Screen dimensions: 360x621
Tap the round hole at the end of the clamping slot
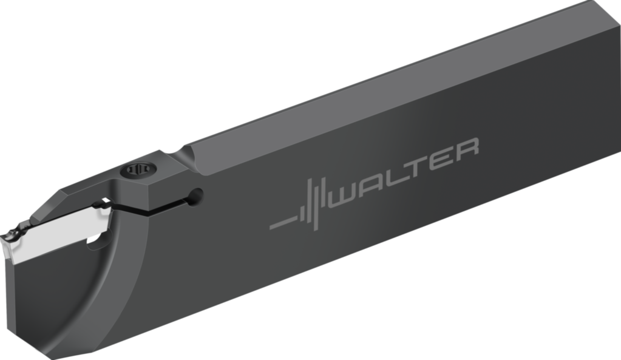(x=195, y=195)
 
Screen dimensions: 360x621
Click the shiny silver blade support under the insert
(x=61, y=234)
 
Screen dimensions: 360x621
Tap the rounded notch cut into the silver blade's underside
(x=96, y=242)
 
